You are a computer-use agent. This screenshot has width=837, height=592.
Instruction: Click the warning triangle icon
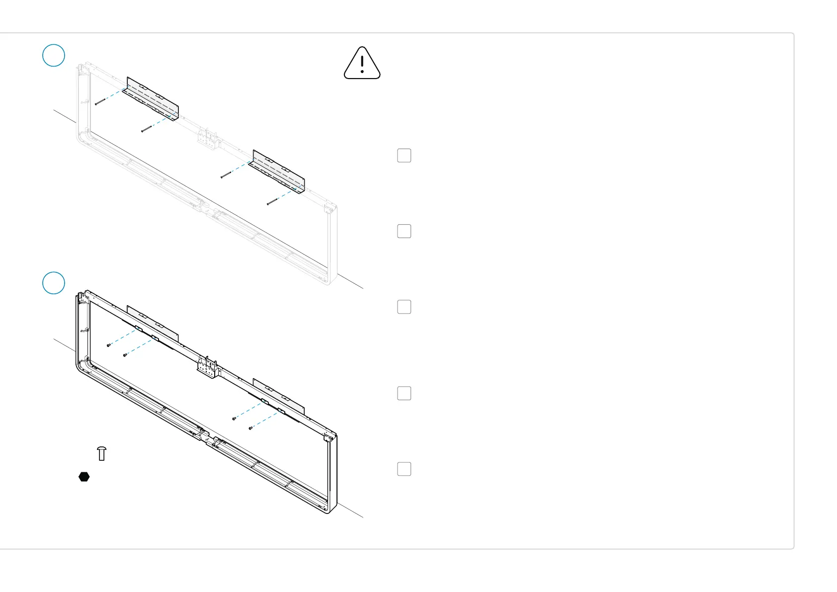[x=362, y=64]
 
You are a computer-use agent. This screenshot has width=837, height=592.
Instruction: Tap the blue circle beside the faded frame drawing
[x=54, y=55]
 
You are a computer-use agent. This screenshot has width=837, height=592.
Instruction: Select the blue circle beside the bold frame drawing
[x=54, y=283]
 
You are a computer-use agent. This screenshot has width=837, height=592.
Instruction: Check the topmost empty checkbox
[x=404, y=156]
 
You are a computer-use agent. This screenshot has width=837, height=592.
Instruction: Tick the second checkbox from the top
[x=404, y=231]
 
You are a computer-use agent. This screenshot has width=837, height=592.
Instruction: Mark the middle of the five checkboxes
[x=404, y=307]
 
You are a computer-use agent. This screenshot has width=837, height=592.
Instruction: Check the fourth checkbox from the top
[x=404, y=393]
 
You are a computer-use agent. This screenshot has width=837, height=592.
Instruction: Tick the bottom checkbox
[x=404, y=469]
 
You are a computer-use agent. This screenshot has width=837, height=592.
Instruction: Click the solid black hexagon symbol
[x=84, y=477]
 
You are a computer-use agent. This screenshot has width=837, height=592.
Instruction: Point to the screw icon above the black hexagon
[x=102, y=453]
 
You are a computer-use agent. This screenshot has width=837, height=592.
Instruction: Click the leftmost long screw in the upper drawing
[x=100, y=102]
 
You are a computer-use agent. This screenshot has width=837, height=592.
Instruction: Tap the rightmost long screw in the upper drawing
[x=273, y=201]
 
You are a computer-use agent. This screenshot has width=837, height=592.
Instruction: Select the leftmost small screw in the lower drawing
[x=108, y=345]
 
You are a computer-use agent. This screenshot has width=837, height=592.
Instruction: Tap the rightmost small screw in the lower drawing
[x=251, y=427]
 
